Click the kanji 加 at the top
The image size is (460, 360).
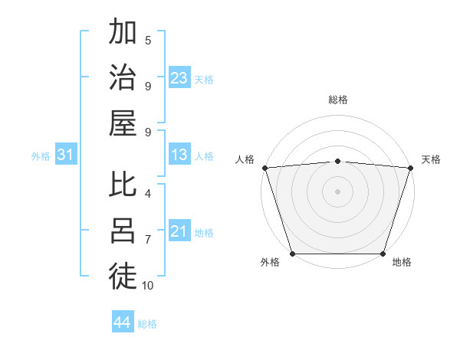123,34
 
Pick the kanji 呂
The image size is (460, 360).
123,231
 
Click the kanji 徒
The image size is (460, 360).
123,277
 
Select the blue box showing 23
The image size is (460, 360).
179,77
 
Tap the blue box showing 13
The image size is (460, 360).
179,155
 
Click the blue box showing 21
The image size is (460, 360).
179,231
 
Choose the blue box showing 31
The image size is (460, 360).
66,155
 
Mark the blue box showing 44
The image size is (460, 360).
122,322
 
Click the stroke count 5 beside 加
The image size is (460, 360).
148,40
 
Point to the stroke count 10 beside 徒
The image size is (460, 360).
148,286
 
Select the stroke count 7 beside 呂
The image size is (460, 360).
148,240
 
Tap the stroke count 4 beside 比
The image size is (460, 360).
148,194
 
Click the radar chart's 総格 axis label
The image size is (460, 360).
337,100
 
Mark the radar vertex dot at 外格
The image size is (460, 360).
292,254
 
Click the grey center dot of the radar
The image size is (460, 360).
337,191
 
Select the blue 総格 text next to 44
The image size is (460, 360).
147,324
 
